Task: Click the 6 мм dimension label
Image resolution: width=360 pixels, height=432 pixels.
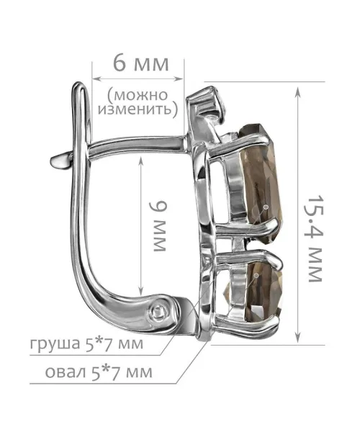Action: tap(140, 64)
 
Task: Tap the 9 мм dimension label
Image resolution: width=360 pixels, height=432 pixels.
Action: tap(158, 226)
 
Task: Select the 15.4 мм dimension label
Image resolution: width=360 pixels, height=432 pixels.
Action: tap(314, 238)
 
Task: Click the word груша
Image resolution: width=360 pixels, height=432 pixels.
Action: tap(55, 343)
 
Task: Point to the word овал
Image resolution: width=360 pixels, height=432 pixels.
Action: tap(65, 372)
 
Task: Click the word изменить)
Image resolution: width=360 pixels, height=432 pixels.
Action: tap(138, 109)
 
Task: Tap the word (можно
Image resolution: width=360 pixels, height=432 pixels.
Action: tap(138, 95)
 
